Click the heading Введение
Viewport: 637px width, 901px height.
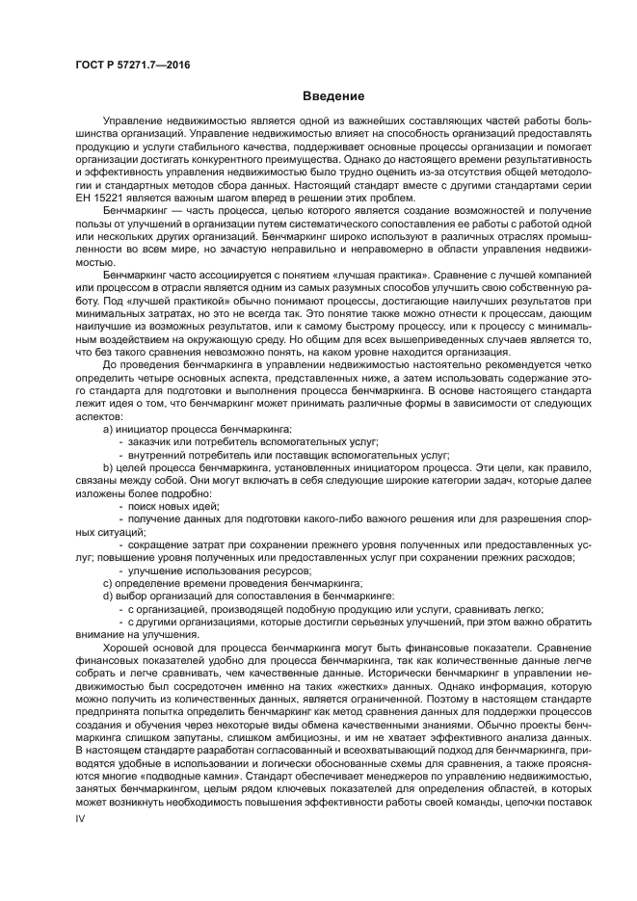point(333,96)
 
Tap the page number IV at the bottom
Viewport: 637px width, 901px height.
point(81,817)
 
